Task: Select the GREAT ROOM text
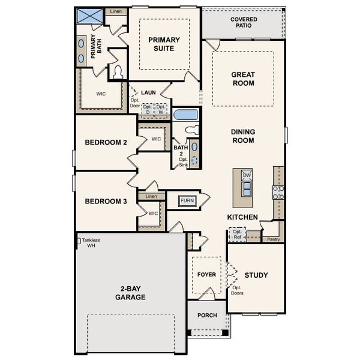click(243, 79)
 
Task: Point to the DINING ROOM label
click(243, 136)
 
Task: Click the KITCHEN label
click(242, 217)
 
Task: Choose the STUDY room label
click(256, 275)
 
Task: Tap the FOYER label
click(206, 275)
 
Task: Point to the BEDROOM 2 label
click(106, 142)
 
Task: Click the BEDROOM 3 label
click(106, 202)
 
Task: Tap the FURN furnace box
click(187, 200)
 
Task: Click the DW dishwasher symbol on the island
click(247, 175)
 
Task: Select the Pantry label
click(273, 239)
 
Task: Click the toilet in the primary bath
click(118, 73)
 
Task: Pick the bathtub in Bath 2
click(185, 115)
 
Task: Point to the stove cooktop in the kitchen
click(278, 192)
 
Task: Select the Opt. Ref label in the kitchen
click(237, 234)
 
